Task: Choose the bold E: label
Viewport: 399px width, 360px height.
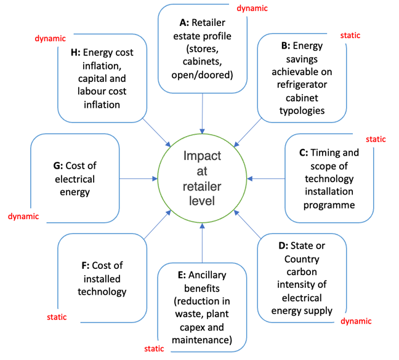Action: (182, 275)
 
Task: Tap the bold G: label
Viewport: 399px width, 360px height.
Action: (60, 166)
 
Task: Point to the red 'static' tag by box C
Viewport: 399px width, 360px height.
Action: (376, 139)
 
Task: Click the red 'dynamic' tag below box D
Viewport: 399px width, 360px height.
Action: (357, 321)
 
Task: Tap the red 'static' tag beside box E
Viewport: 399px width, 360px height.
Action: (154, 349)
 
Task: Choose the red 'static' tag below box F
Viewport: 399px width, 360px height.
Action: (57, 318)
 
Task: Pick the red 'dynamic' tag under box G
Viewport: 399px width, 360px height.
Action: (23, 216)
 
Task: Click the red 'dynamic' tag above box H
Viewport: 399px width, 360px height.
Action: (49, 38)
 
